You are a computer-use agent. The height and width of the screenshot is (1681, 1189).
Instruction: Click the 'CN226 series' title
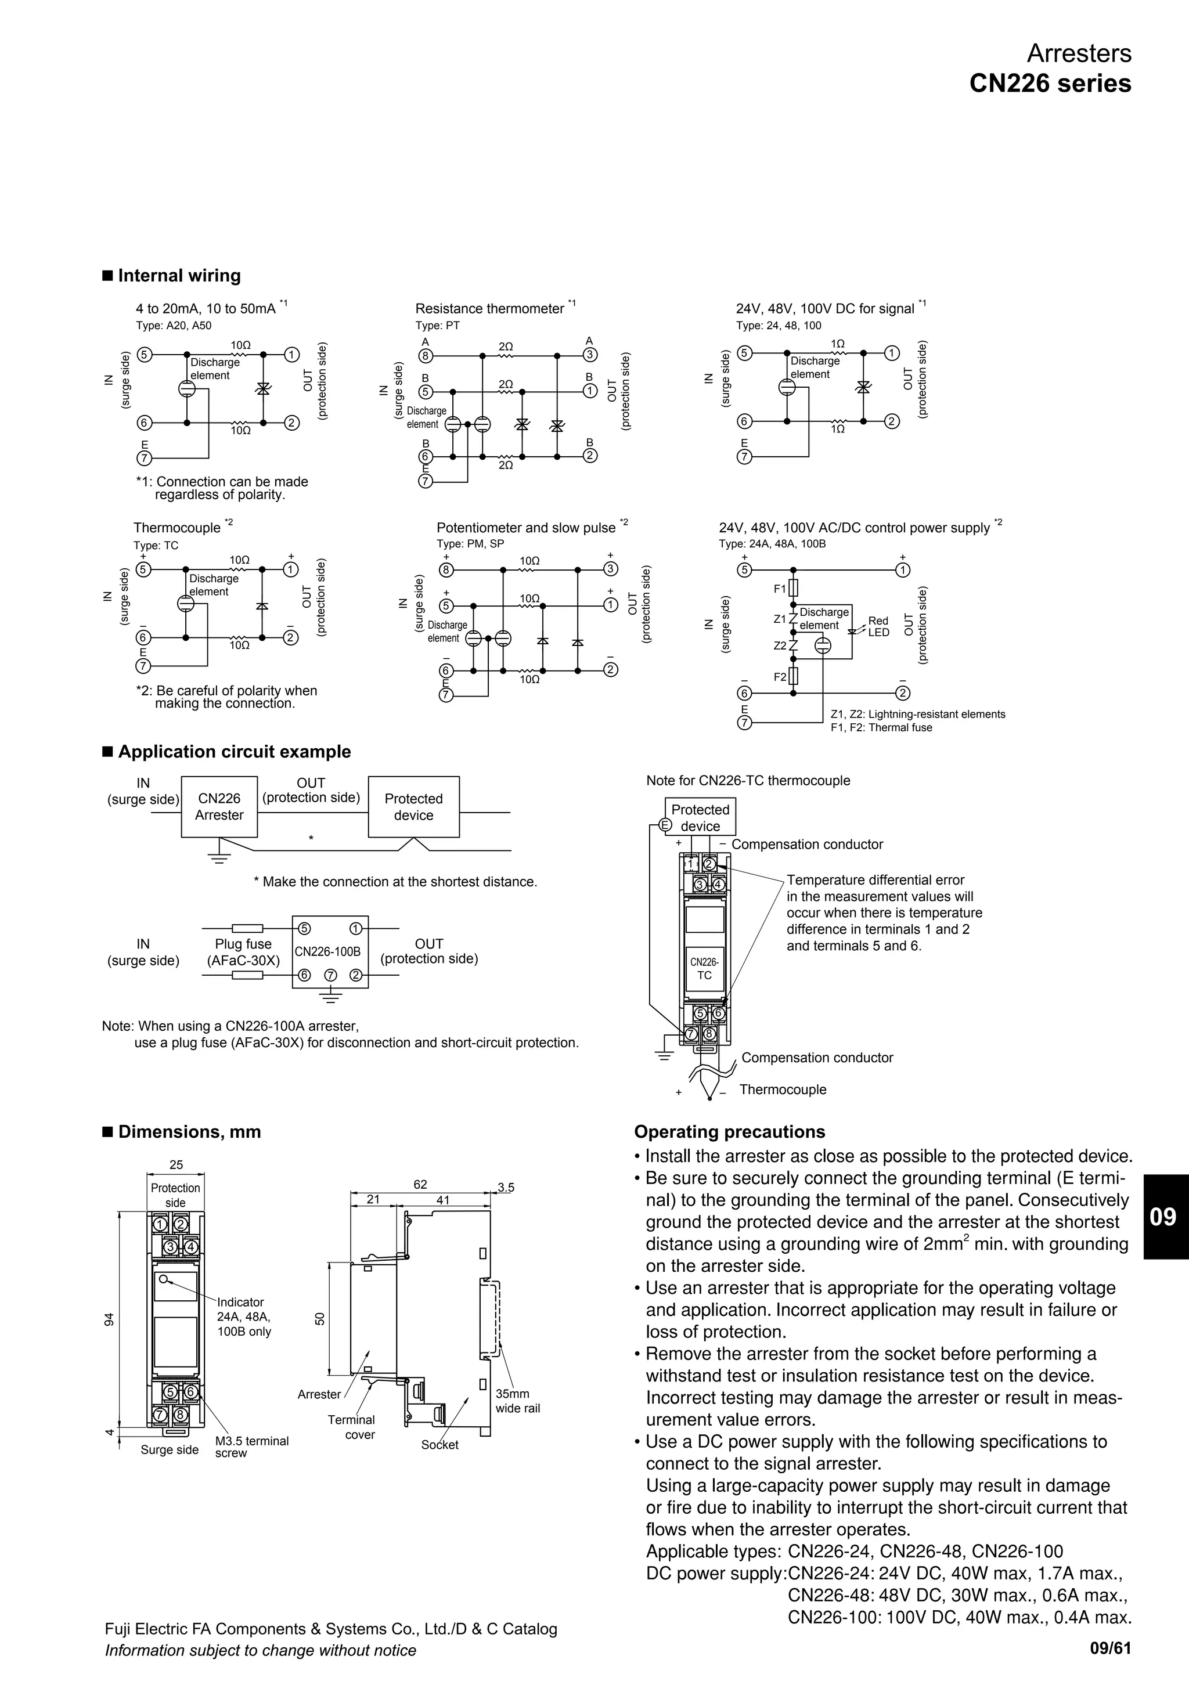[x=1049, y=84]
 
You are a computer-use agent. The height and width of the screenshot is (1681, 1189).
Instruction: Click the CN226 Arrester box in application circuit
[x=219, y=807]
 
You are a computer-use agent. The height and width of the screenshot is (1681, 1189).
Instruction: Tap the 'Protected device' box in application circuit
[x=414, y=807]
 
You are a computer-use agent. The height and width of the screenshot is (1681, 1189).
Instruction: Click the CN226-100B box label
[x=327, y=952]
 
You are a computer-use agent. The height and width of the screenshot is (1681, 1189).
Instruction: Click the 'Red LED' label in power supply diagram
[x=878, y=627]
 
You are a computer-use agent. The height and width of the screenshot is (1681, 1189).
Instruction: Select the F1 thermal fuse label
[x=780, y=589]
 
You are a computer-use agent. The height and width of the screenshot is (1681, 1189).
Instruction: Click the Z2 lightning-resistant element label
[x=780, y=645]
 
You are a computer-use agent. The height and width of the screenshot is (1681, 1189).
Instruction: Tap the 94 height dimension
[x=109, y=1319]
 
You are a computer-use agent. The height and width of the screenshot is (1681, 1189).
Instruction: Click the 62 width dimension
[x=420, y=1184]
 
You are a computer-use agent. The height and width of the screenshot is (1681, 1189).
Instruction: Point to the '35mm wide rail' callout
[x=517, y=1401]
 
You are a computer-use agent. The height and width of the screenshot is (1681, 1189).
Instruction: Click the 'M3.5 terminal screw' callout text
[x=251, y=1446]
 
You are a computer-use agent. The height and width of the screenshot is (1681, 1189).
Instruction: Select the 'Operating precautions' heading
[x=729, y=1132]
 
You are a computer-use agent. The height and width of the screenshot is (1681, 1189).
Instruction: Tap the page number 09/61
[x=1110, y=1648]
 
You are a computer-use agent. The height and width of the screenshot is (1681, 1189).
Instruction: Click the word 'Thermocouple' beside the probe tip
[x=782, y=1090]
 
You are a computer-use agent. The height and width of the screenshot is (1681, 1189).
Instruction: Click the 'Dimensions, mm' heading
[x=189, y=1132]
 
